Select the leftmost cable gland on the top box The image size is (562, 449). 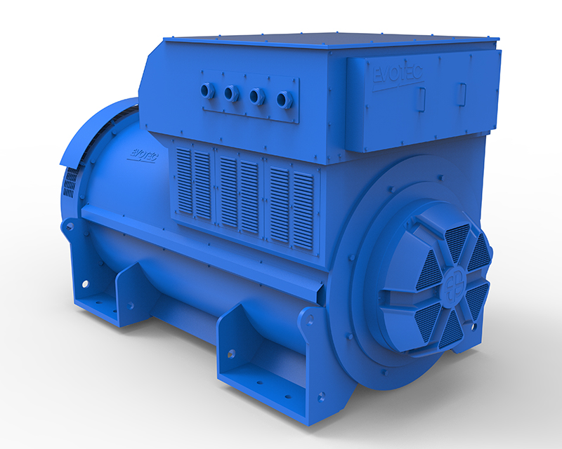coord(207,91)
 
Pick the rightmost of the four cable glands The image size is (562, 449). coord(284,99)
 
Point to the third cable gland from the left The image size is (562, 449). coord(257,96)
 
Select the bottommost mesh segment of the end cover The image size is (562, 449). coord(450,330)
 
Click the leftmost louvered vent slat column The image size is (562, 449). coord(185,180)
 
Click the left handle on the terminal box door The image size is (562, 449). coord(421,99)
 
